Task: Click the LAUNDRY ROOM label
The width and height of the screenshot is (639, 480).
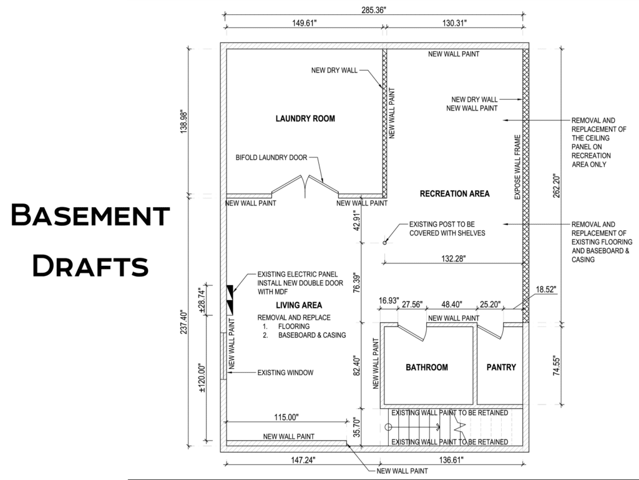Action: tap(305, 119)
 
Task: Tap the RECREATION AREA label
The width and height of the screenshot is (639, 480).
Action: tap(454, 193)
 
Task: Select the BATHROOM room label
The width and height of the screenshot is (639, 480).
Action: tap(427, 367)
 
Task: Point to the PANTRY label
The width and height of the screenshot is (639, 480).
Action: tap(501, 367)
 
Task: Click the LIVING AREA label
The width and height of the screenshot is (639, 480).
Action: tap(299, 305)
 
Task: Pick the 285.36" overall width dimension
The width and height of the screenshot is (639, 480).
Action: tap(373, 10)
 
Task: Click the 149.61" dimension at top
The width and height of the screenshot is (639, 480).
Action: tap(304, 23)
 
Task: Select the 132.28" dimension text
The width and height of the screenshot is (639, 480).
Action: tap(453, 258)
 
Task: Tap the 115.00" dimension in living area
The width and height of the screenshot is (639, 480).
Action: tap(286, 417)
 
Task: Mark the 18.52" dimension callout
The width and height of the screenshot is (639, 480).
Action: tap(545, 290)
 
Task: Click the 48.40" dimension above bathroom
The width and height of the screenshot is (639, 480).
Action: tap(452, 305)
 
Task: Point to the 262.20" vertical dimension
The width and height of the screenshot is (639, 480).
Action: tap(557, 186)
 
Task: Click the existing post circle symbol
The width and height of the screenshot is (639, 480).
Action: tap(384, 243)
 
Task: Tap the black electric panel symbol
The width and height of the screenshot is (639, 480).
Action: tap(230, 300)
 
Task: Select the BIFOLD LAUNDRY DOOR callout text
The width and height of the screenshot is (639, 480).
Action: tap(271, 158)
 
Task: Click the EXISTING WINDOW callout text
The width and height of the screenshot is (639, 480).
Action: tap(285, 373)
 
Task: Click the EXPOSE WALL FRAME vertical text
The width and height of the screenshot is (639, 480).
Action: tap(517, 167)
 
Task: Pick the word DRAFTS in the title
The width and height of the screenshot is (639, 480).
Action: tap(90, 266)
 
